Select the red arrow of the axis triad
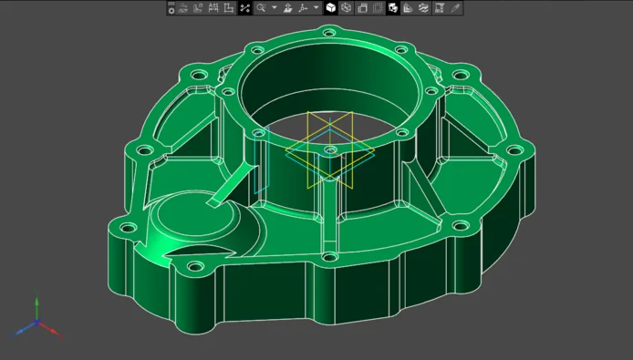pos(57,334)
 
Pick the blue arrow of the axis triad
pos(17,330)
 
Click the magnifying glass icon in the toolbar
pos(261,8)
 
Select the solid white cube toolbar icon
pos(331,8)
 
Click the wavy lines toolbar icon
pos(424,8)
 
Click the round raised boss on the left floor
pos(178,219)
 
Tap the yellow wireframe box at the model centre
pos(329,150)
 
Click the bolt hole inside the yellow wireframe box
pos(329,148)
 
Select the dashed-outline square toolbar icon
pos(362,8)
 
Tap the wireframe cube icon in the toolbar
pos(347,8)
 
